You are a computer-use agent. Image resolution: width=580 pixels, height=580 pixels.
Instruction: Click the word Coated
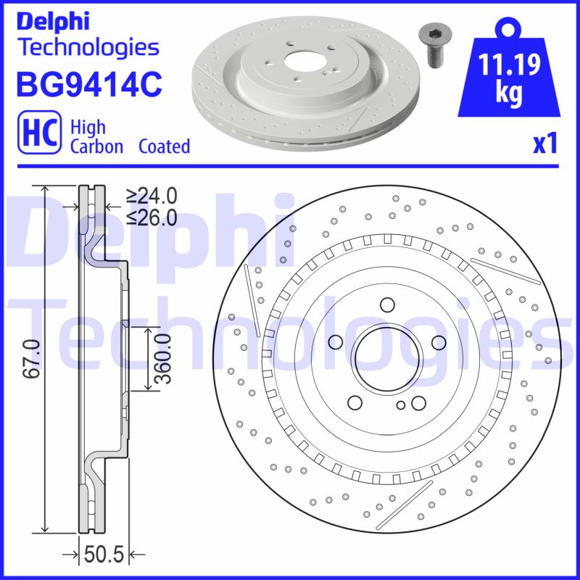[164, 146]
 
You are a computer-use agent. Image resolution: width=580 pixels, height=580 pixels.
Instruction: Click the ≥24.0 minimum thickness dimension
[152, 196]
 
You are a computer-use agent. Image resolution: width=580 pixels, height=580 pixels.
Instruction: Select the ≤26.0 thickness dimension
[152, 216]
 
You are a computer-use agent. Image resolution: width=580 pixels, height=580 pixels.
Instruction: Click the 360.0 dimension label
[162, 359]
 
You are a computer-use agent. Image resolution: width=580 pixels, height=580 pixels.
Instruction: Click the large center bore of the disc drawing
[385, 355]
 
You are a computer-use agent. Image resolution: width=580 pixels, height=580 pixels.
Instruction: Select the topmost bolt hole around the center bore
[386, 304]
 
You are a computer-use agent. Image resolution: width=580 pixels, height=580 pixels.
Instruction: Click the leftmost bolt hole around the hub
[335, 341]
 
